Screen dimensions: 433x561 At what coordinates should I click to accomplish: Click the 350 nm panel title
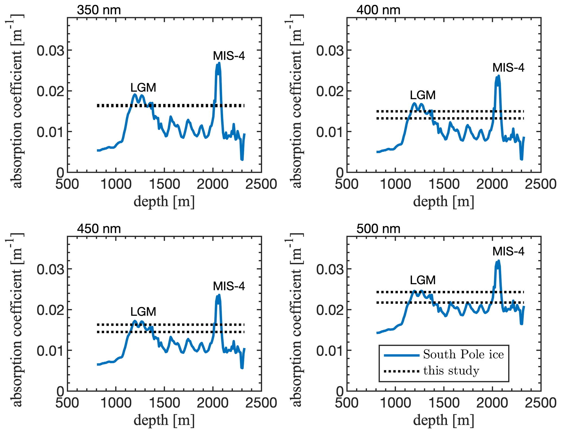99,10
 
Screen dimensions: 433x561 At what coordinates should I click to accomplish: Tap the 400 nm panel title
378,10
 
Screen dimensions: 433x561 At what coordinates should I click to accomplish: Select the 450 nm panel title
99,229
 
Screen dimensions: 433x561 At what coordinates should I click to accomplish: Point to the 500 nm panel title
378,229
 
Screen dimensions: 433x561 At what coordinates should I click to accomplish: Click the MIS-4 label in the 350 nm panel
229,56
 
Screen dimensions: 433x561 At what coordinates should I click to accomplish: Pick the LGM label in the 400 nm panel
423,95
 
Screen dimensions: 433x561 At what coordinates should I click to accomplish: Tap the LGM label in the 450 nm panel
143,312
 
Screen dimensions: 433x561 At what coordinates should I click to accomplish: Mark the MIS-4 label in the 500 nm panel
508,252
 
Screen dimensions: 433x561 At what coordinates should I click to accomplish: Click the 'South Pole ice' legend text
463,355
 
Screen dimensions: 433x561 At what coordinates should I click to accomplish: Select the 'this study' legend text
451,371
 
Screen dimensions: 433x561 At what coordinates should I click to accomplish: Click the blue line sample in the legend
402,355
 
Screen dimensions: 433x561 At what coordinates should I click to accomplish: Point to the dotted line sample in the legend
402,371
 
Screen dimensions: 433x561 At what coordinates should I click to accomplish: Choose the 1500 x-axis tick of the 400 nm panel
444,184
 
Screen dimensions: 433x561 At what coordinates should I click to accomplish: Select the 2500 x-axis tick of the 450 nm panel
261,403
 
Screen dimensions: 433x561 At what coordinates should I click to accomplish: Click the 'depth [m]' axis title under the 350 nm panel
164,202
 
